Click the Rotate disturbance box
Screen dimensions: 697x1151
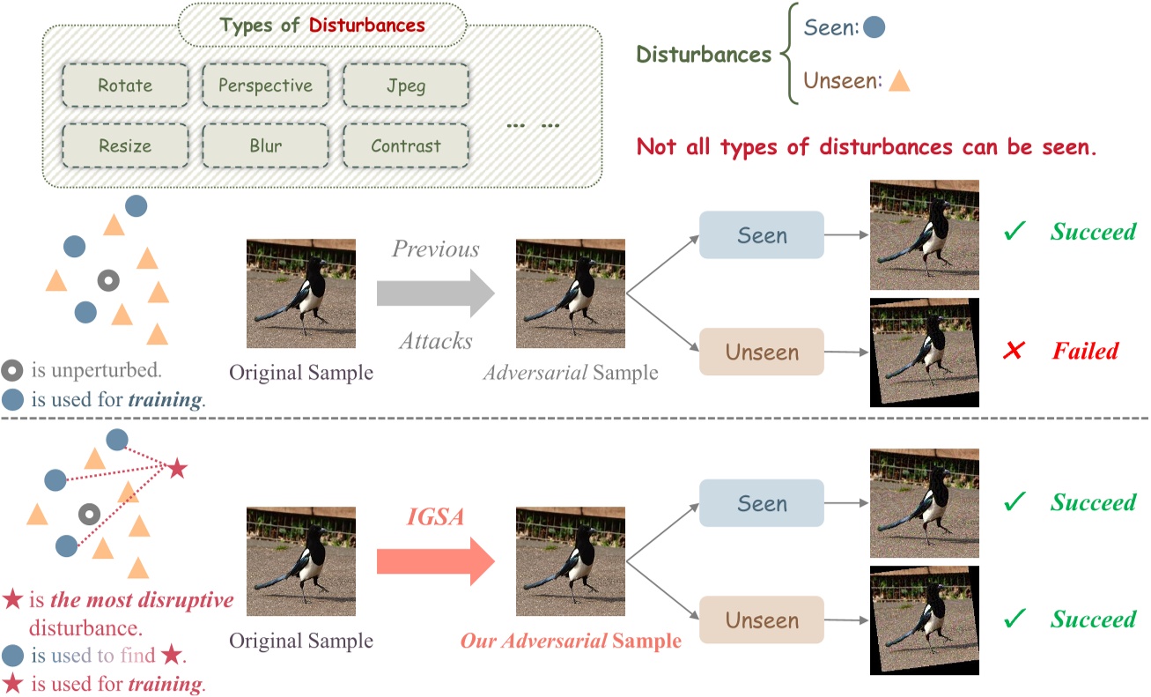coord(125,86)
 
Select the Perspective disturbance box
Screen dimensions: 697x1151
coord(265,86)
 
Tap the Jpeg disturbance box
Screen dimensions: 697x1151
coord(405,86)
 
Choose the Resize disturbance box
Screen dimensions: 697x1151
coord(125,146)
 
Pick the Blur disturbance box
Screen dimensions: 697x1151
coord(265,146)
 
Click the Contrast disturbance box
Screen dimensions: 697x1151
coord(405,146)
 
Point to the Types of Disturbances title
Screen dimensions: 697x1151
coord(322,25)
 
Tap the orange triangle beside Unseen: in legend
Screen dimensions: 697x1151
coord(898,82)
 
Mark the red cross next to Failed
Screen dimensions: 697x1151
coord(1014,352)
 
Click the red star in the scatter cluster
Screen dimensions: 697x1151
coord(177,469)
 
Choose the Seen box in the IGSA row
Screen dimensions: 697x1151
coord(762,504)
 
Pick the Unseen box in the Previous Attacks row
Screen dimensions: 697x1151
coord(762,352)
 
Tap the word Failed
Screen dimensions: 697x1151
coord(1085,352)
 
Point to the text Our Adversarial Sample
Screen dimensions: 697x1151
coord(571,641)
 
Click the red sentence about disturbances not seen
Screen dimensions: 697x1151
coord(867,146)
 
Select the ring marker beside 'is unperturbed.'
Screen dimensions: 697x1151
coord(12,370)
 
